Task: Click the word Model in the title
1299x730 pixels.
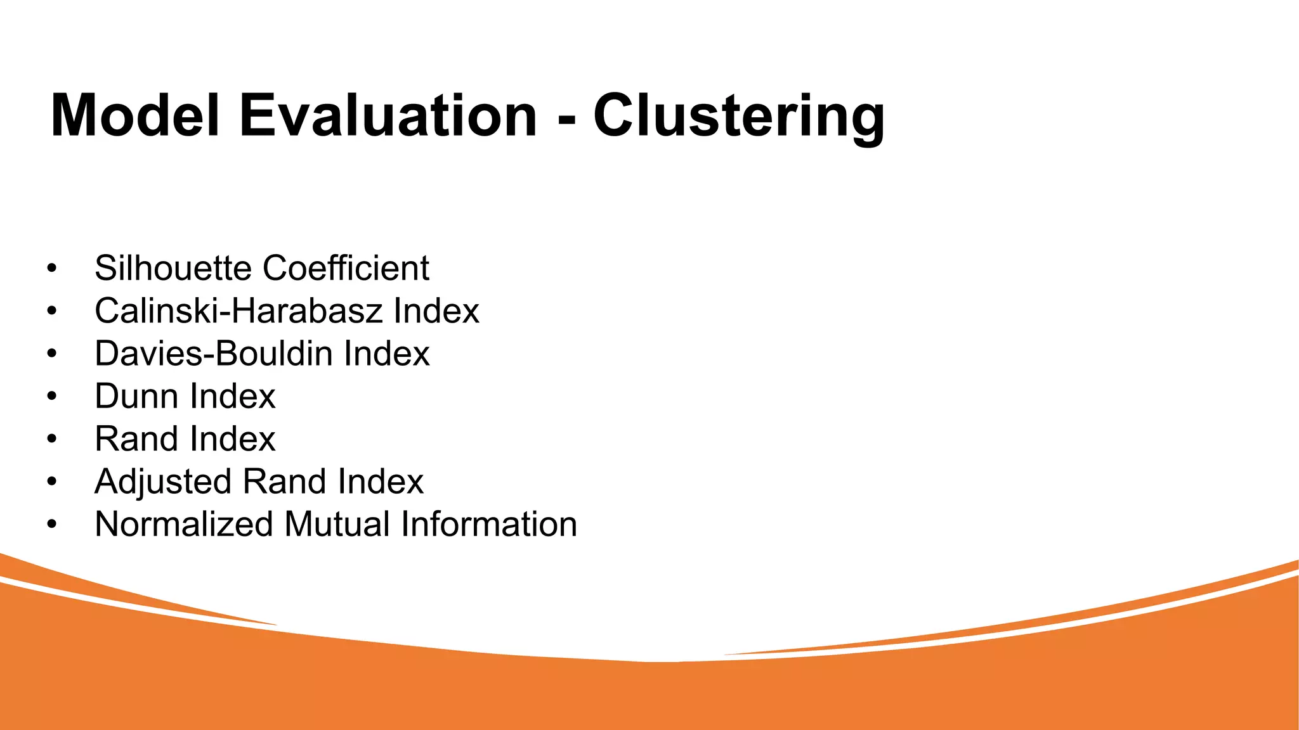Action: point(134,115)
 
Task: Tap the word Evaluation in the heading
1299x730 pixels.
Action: point(388,115)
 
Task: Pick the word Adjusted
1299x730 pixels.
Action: point(163,482)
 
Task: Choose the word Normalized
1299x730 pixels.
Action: point(183,525)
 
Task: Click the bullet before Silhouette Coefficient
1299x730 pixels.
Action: point(52,269)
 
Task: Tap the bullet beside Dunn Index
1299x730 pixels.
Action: point(52,397)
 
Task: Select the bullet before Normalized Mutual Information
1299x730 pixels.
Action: point(52,525)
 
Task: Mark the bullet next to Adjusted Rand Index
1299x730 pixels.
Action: point(52,482)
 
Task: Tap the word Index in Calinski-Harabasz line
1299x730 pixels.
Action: point(436,311)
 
